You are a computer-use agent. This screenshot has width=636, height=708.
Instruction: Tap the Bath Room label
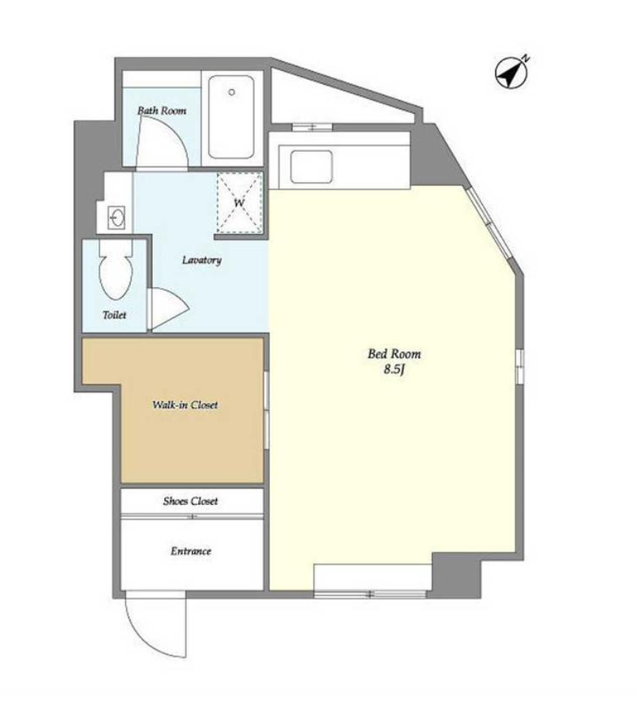point(162,110)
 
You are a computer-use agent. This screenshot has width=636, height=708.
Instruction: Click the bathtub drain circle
point(232,92)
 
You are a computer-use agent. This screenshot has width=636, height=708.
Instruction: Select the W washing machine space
point(239,202)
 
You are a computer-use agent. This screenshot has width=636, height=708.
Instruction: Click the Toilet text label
point(115,315)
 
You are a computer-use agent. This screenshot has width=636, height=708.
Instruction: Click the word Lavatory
point(202,260)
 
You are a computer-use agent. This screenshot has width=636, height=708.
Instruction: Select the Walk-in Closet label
point(185,405)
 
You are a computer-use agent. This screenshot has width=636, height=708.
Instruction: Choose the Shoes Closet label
point(190,501)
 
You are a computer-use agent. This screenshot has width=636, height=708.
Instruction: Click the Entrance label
point(191,551)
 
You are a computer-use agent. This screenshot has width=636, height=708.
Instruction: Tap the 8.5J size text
point(394,370)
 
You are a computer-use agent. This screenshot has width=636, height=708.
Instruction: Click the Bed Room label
point(394,354)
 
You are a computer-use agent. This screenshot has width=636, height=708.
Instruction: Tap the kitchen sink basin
point(311,167)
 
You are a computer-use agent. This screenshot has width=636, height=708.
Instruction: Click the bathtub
point(231,117)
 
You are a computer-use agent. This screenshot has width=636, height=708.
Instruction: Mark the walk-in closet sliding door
point(266,410)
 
